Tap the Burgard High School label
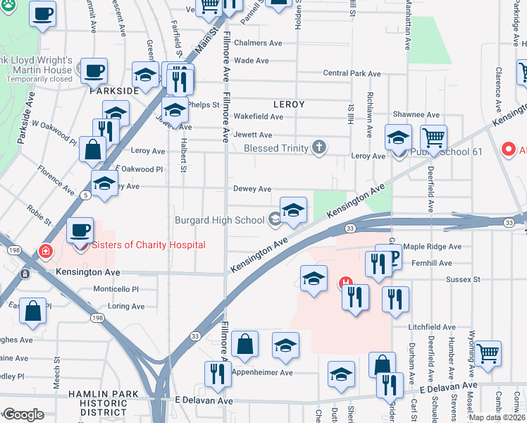coord(220,220)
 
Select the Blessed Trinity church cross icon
coord(319,148)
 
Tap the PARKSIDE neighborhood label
coord(114,92)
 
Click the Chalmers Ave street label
coord(258,43)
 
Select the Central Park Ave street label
coord(352,73)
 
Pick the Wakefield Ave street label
coord(258,116)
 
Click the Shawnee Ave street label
coord(416,115)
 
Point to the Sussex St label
coord(462,279)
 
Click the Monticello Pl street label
coord(116,289)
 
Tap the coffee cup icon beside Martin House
coord(93,70)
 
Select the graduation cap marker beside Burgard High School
coord(293,209)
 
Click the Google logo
coord(23,415)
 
